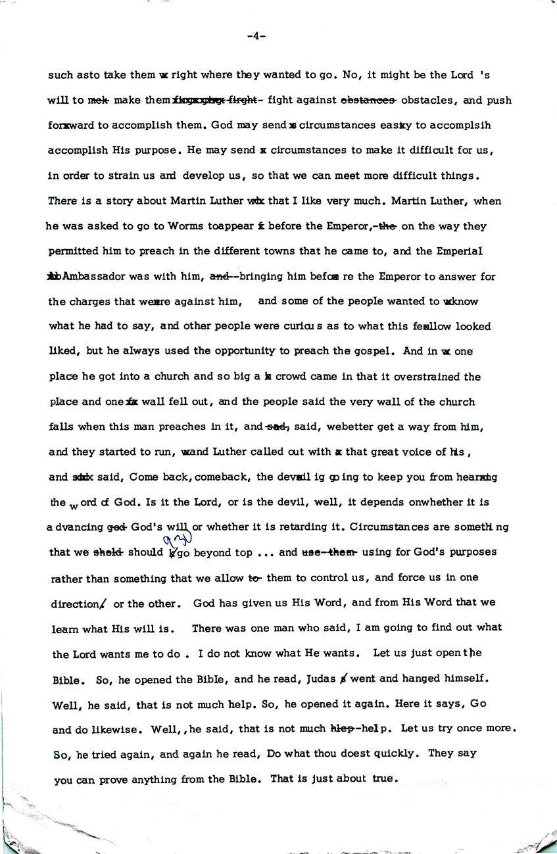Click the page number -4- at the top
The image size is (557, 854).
pos(256,36)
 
